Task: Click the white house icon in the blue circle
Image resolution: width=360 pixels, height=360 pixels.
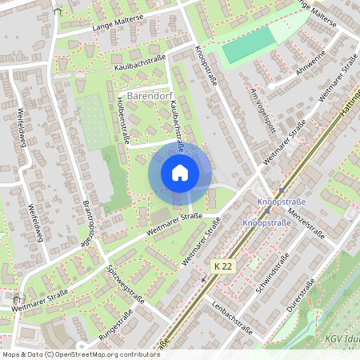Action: [180, 172]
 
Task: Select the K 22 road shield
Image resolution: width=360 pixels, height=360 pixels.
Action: [222, 265]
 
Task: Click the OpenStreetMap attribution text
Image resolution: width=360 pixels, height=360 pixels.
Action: [70, 354]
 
